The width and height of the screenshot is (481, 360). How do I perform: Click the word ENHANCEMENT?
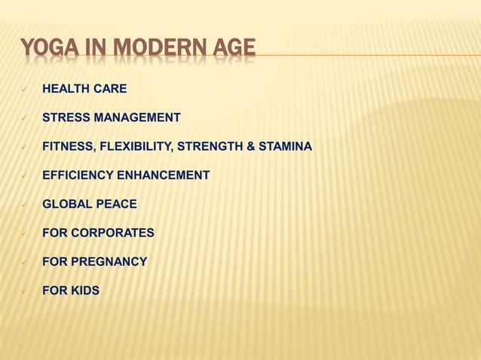(x=161, y=175)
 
